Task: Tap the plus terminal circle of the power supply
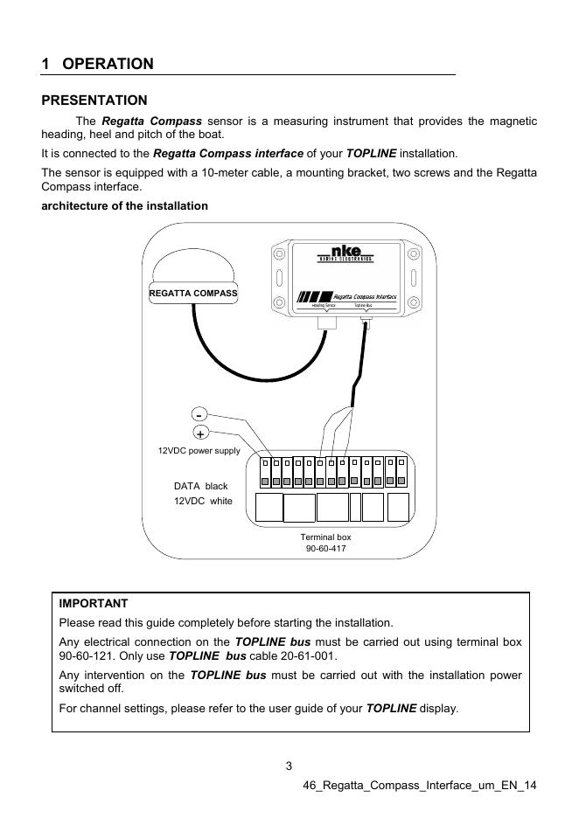click(x=200, y=433)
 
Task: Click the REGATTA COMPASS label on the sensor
click(x=193, y=293)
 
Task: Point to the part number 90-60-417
click(x=325, y=548)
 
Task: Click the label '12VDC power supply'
click(x=199, y=451)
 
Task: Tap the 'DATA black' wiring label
click(x=200, y=486)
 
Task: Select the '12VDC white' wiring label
click(x=203, y=502)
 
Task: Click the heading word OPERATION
click(x=108, y=64)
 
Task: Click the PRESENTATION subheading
click(x=94, y=101)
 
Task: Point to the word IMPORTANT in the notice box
click(x=93, y=604)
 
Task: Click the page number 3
click(x=289, y=767)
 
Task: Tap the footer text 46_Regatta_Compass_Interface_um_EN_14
click(x=419, y=786)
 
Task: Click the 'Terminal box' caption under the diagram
click(x=325, y=536)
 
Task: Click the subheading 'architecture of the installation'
click(x=125, y=206)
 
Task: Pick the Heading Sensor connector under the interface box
click(x=325, y=322)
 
